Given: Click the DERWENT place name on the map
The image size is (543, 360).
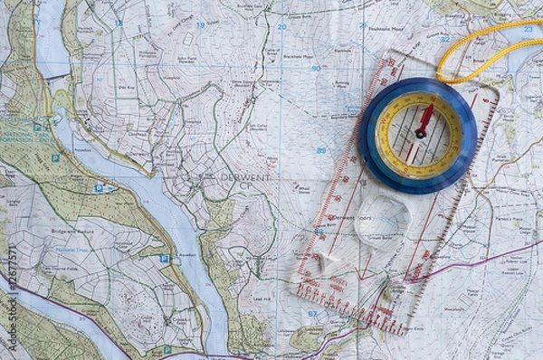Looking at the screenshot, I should click(x=245, y=177).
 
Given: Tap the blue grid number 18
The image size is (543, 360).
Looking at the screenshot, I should click(x=119, y=23).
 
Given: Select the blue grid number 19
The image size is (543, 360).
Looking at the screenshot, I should click(x=200, y=25).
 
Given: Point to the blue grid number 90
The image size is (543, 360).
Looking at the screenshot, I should click(x=316, y=68).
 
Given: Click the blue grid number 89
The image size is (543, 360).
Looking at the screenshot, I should click(x=320, y=150).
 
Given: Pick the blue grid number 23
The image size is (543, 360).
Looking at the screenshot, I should click(x=528, y=29).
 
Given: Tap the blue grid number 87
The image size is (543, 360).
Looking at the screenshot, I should click(x=312, y=314).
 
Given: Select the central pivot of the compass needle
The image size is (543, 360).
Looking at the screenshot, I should click(x=420, y=134).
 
